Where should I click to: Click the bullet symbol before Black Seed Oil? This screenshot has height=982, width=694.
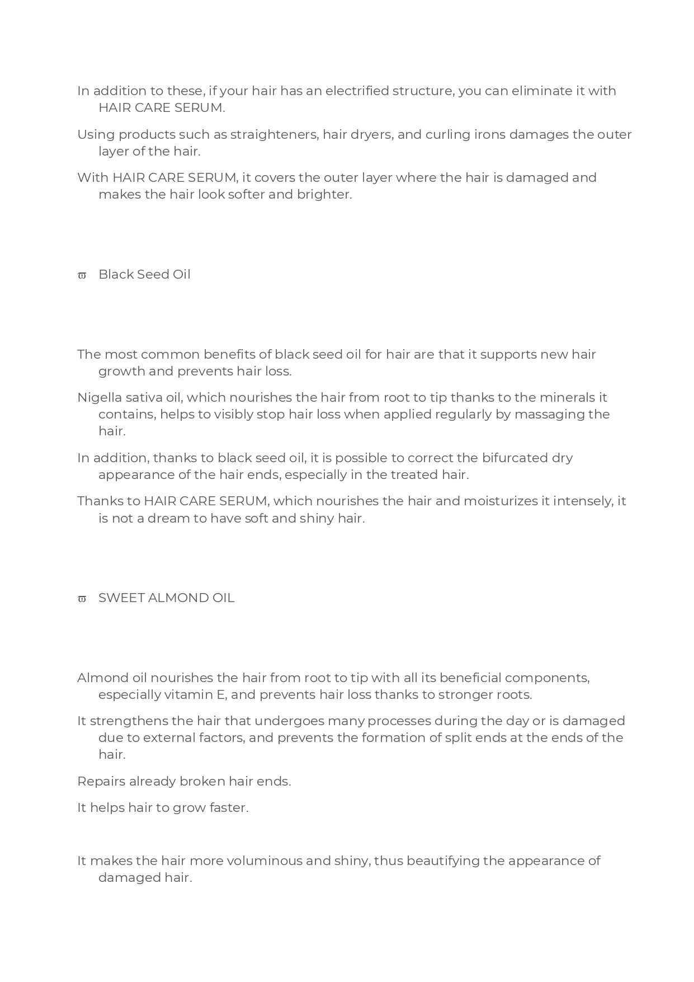pos(82,275)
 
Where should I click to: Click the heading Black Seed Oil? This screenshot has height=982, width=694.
pos(144,274)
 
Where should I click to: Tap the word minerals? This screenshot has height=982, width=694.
pos(566,397)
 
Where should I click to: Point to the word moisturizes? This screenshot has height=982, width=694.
pos(500,501)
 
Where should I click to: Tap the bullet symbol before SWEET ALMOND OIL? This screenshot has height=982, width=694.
pos(82,599)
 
